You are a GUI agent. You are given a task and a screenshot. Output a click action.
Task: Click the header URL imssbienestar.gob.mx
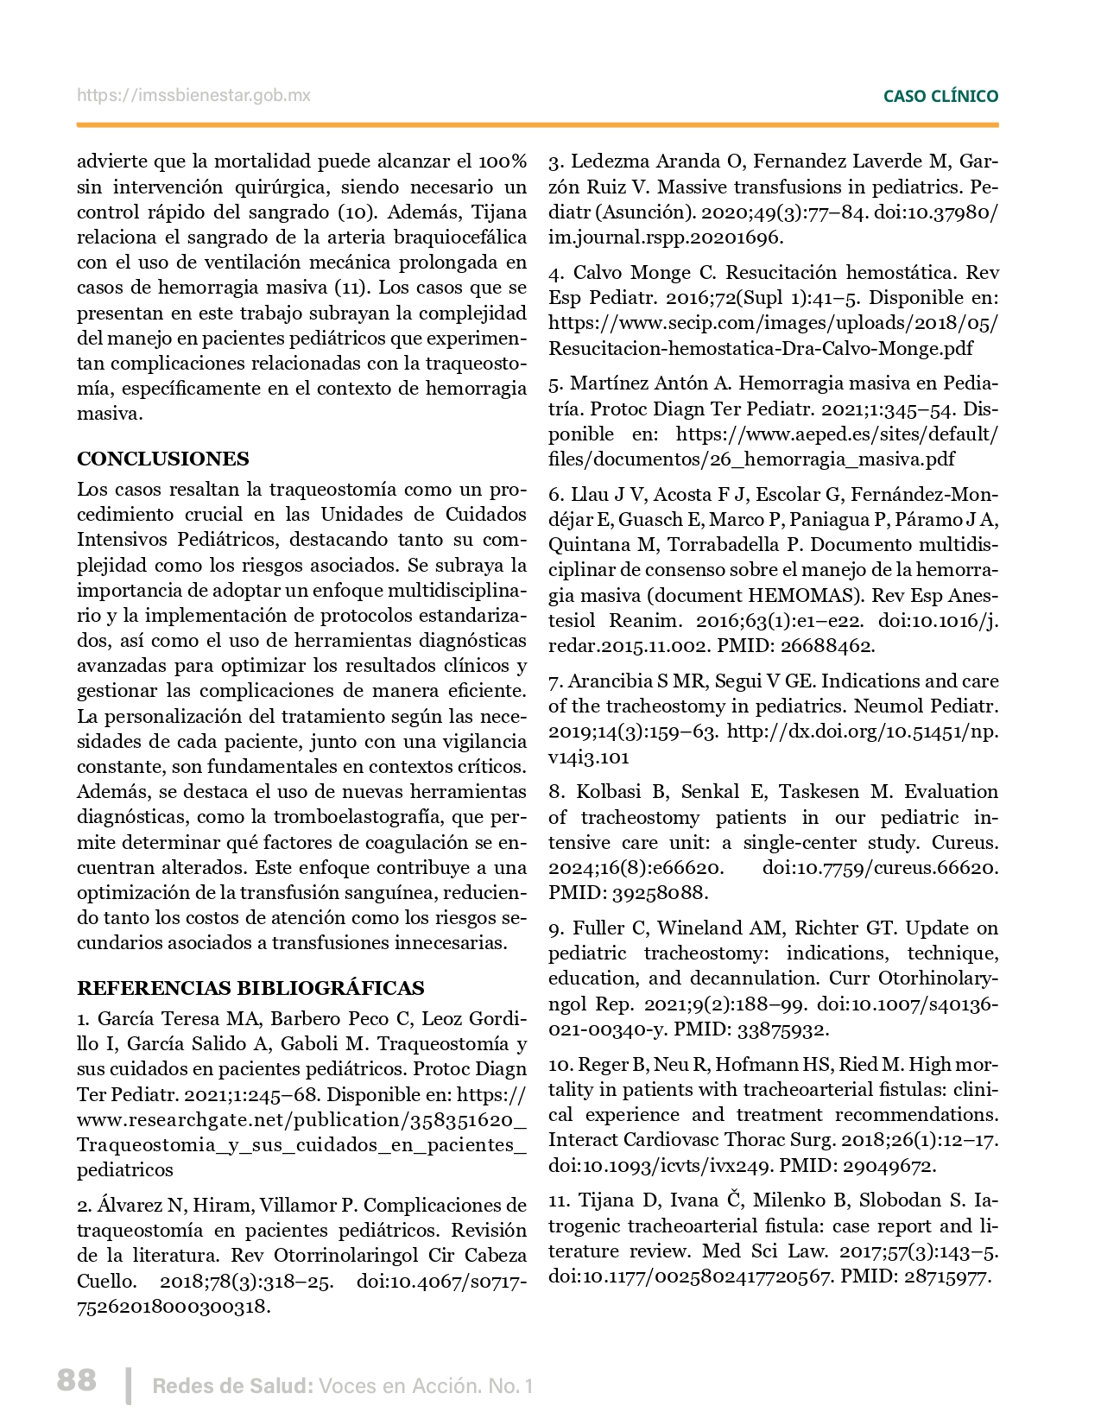coord(193,96)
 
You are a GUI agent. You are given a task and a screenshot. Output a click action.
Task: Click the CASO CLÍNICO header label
coord(940,97)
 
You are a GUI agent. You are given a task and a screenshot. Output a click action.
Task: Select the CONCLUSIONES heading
coord(163,459)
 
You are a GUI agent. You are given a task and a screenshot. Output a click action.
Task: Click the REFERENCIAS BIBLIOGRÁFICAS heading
coord(250,988)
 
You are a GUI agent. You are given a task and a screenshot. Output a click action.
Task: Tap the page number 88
coord(77,1380)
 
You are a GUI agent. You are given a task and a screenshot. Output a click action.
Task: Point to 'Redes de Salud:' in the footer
coord(232,1386)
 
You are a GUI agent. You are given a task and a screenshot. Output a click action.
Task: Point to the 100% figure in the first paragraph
coord(502,161)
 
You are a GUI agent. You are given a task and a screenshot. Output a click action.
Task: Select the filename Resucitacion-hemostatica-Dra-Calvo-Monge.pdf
coord(761,349)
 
